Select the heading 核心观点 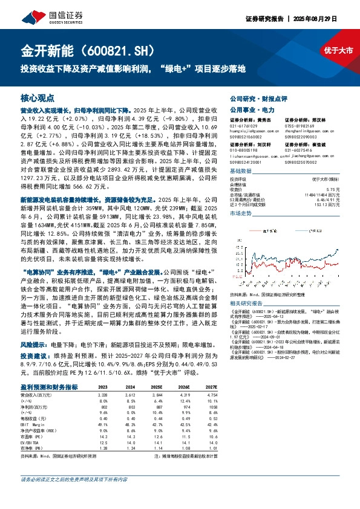click(x=38, y=97)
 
